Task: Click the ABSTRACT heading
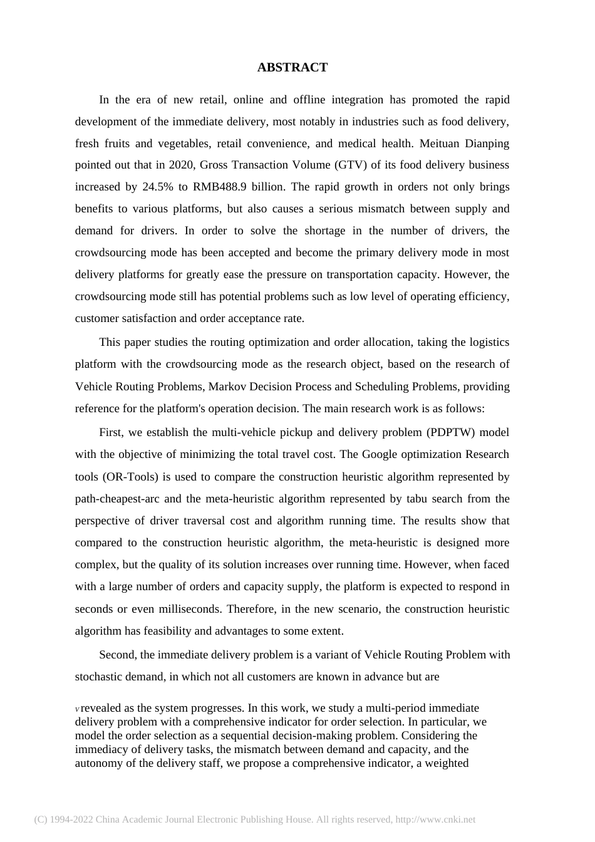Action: [292, 68]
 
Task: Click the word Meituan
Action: [441, 143]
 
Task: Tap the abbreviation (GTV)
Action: [351, 165]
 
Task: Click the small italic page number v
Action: [77, 709]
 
